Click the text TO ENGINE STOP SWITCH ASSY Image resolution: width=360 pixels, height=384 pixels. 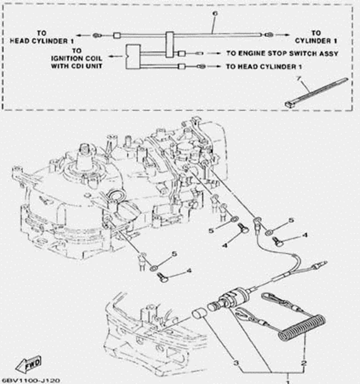pyautogui.click(x=282, y=54)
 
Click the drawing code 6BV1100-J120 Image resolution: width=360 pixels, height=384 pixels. pyautogui.click(x=31, y=380)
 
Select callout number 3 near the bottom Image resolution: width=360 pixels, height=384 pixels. pyautogui.click(x=237, y=363)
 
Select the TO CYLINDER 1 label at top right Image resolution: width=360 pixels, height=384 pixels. pyautogui.click(x=316, y=37)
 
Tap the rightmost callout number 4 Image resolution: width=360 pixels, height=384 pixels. pyautogui.click(x=305, y=235)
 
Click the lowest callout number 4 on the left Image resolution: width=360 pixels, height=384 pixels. pyautogui.click(x=189, y=270)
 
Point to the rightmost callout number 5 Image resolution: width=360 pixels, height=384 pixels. pyautogui.click(x=291, y=220)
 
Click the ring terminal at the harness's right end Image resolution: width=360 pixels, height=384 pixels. pyautogui.click(x=268, y=35)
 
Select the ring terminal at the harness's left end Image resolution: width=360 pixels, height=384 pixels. pyautogui.click(x=96, y=36)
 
